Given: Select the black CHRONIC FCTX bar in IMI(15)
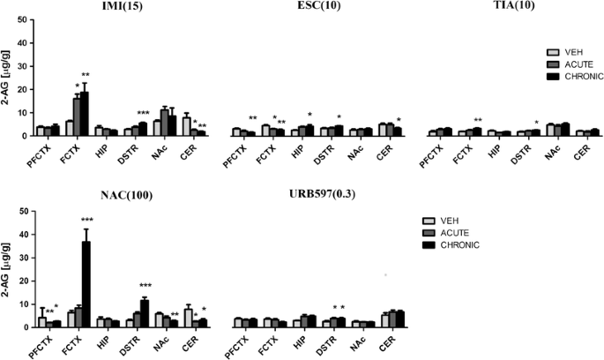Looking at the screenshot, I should point(86,114).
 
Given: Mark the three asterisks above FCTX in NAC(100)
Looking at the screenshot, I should point(86,220).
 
